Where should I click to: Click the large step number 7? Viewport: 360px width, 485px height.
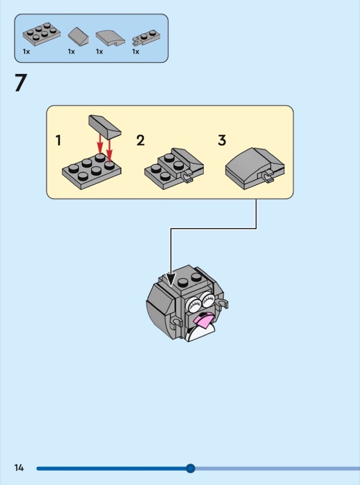[21, 83]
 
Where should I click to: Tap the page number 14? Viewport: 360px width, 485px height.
[19, 467]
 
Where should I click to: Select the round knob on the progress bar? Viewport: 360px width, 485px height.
[190, 468]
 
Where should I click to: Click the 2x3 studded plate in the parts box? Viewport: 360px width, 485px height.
[42, 34]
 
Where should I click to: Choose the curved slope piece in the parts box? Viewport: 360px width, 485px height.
[110, 38]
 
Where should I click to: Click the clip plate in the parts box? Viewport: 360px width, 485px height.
[146, 38]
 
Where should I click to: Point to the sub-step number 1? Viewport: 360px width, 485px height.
[58, 140]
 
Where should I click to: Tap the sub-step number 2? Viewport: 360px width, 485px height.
[140, 140]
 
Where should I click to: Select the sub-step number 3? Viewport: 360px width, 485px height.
[222, 140]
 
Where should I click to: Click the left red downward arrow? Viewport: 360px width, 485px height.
[100, 144]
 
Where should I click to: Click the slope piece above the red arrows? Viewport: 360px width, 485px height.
[104, 126]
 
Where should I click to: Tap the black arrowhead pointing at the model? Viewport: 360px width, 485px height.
[171, 279]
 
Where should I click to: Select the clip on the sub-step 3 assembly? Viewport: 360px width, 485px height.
[267, 177]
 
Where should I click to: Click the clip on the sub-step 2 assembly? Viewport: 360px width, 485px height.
[187, 177]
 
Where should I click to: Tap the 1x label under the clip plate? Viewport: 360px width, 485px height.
[135, 52]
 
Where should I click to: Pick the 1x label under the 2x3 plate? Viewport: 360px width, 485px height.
[26, 52]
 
